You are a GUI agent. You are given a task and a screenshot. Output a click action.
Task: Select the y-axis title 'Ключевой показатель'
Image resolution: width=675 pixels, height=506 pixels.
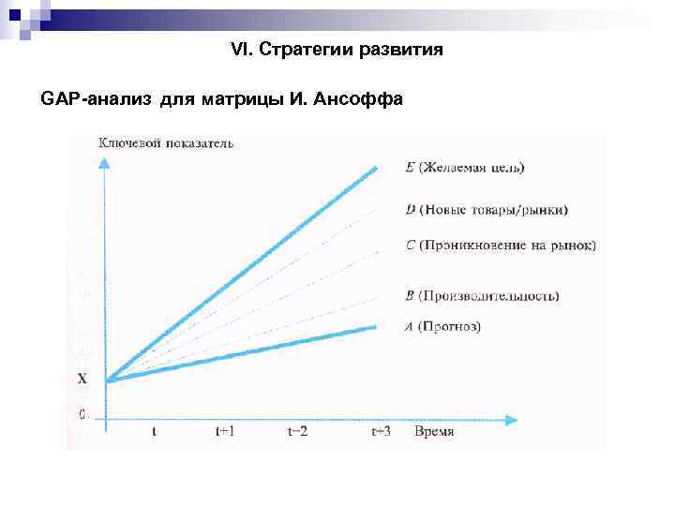166,143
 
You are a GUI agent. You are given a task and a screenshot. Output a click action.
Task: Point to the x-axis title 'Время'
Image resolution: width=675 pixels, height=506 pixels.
434,431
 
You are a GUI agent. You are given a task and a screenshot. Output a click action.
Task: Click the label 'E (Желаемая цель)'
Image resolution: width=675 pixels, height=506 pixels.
465,168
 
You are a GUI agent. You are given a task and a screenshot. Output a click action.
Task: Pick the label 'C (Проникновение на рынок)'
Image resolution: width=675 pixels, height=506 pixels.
501,246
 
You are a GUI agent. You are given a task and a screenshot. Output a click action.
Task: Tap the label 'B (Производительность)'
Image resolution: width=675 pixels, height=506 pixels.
483,296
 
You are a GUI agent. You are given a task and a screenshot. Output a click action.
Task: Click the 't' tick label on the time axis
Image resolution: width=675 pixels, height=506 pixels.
155,431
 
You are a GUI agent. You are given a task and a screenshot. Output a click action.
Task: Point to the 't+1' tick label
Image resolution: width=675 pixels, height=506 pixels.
226,431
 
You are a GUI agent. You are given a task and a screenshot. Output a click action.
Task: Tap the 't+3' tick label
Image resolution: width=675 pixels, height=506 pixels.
381,431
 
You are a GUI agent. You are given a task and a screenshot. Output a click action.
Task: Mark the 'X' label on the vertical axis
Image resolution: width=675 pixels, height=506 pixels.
82,379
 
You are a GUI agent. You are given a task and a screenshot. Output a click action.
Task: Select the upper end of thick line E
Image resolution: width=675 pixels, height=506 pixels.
377,169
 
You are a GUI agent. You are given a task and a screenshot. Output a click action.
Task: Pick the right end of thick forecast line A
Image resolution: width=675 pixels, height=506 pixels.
377,326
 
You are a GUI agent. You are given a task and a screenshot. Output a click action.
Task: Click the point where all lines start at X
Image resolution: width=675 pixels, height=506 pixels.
109,380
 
